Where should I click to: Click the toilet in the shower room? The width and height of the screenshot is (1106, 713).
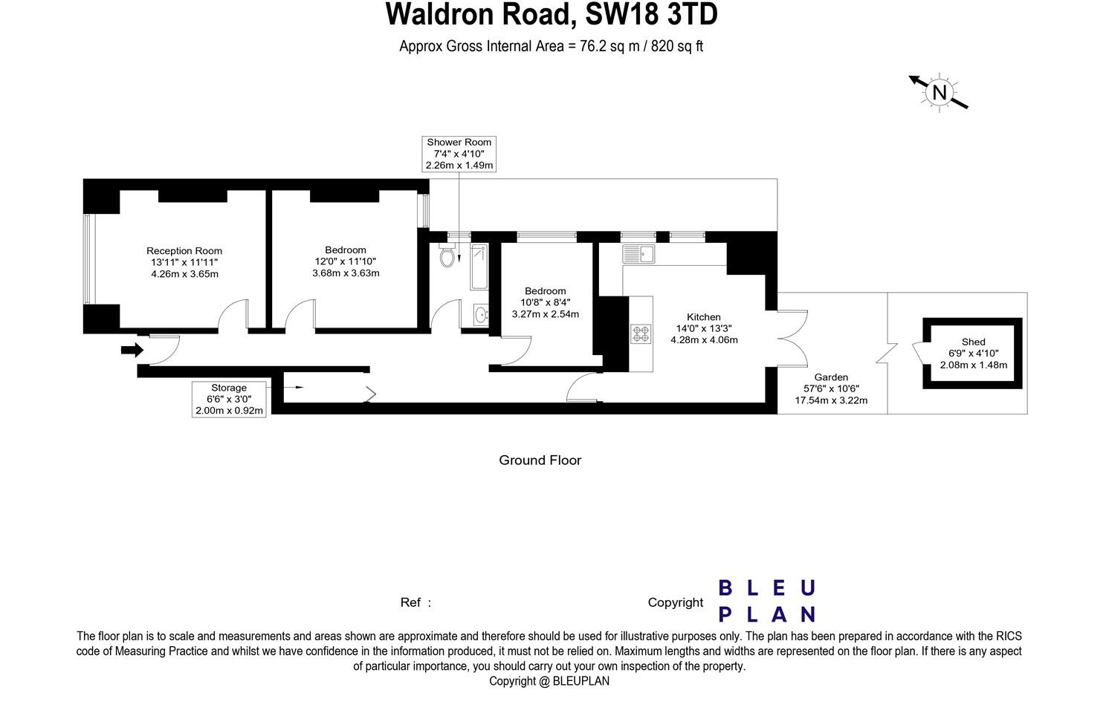(447, 255)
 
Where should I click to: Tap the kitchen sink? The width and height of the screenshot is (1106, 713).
(638, 254)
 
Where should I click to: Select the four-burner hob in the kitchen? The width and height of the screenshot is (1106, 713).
(641, 333)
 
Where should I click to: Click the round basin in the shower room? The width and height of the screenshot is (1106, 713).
(481, 315)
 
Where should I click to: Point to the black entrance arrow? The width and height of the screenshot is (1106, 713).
(132, 350)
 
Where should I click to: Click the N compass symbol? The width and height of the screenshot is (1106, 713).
(940, 93)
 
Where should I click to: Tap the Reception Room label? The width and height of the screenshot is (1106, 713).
(184, 251)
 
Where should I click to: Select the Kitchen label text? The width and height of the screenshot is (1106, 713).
(703, 317)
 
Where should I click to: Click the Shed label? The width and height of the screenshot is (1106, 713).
(973, 342)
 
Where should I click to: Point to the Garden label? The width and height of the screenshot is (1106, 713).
(830, 377)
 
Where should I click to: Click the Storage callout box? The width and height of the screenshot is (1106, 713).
(229, 399)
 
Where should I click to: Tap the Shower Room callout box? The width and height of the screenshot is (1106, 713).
(459, 154)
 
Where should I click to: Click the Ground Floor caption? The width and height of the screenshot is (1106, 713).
(540, 460)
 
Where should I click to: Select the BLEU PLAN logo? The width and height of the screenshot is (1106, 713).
(766, 601)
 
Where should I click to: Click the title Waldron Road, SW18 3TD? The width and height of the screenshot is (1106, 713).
(552, 15)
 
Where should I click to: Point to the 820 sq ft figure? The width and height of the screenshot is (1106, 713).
(677, 46)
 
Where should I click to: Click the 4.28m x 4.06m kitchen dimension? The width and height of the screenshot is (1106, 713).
(703, 340)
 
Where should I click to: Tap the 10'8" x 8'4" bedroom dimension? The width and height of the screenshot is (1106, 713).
(545, 302)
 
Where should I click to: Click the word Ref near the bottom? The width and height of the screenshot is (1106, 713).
(411, 602)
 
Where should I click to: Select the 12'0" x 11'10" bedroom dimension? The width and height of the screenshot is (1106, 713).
(346, 261)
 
